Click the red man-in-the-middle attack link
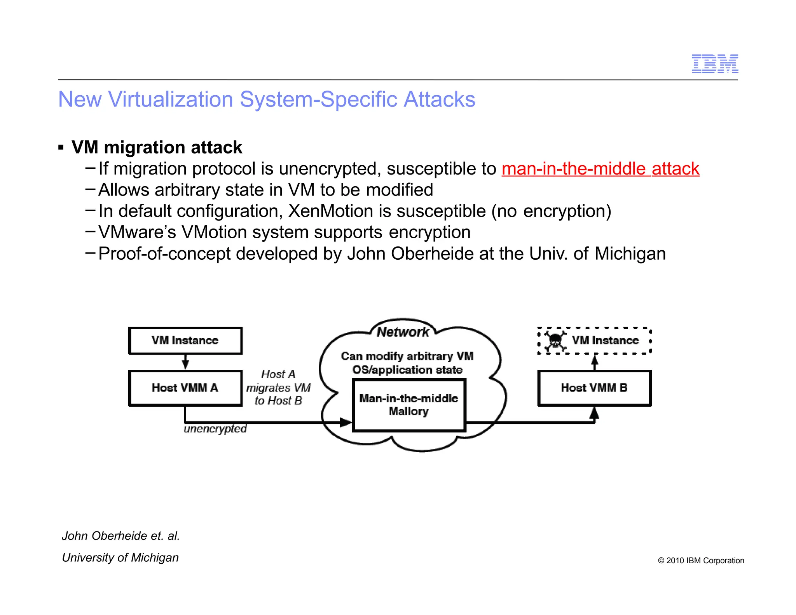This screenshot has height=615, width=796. tap(600, 169)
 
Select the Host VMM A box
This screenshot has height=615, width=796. tap(185, 388)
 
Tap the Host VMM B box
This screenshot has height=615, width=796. tap(594, 388)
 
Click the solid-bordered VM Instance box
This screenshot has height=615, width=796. tap(185, 341)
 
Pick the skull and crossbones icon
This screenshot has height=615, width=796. tap(555, 341)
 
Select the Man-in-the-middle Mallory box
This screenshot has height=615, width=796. tap(409, 405)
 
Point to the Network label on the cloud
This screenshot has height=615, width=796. tap(403, 332)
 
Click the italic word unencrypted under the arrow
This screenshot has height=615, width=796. tap(215, 429)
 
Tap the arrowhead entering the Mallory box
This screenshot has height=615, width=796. tap(346, 422)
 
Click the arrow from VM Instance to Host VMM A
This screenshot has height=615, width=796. tap(185, 362)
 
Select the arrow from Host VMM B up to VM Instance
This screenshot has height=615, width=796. tap(594, 362)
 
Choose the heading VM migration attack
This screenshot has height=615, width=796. tap(157, 148)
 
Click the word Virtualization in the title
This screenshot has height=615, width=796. tap(171, 100)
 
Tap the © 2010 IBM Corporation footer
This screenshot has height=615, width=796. tap(701, 561)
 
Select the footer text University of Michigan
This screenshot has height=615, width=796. tap(120, 557)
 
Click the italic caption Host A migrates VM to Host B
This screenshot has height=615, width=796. tap(278, 387)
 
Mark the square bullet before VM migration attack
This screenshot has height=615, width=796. tap(61, 148)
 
